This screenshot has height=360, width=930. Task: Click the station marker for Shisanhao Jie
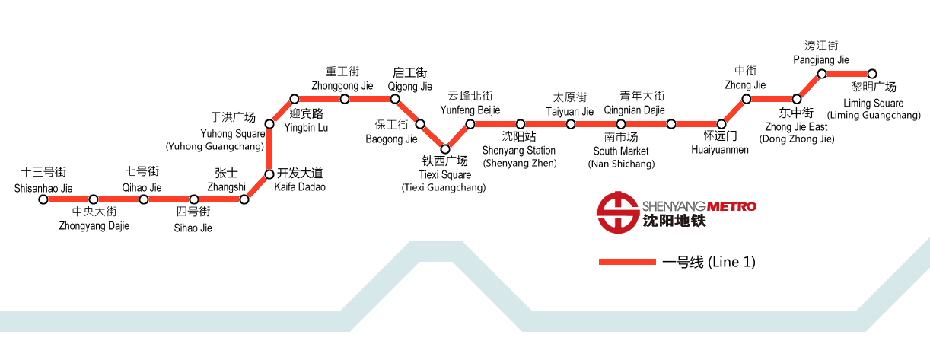point(43,199)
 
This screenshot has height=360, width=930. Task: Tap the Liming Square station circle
point(872,74)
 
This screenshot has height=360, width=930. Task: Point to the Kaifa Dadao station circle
point(269,174)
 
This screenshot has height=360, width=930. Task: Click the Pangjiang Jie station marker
point(822,74)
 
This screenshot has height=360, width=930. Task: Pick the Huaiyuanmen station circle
point(721,124)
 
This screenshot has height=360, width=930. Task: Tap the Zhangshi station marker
point(244,199)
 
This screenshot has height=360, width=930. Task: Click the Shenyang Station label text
point(518,151)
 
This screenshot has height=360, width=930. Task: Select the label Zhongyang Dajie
point(94,225)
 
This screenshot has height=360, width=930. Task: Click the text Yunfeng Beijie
point(470,110)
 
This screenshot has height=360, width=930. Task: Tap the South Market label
point(621,151)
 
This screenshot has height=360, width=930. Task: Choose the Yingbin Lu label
point(306,127)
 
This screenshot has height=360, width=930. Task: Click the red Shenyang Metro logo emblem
point(617,211)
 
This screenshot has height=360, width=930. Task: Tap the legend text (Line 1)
point(731,262)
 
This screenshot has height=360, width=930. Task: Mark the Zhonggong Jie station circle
point(345,99)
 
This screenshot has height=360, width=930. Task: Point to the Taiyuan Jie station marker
point(571,124)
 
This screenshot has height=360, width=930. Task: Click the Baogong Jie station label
point(391,139)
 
